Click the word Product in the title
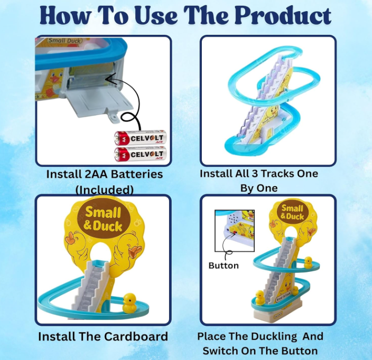click(x=283, y=16)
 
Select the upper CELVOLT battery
click(x=140, y=138)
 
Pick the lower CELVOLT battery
click(x=140, y=154)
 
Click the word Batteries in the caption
click(x=137, y=174)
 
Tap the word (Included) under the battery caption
click(x=105, y=190)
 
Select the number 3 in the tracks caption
click(x=255, y=174)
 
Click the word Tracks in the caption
click(x=275, y=174)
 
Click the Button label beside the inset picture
click(x=224, y=266)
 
